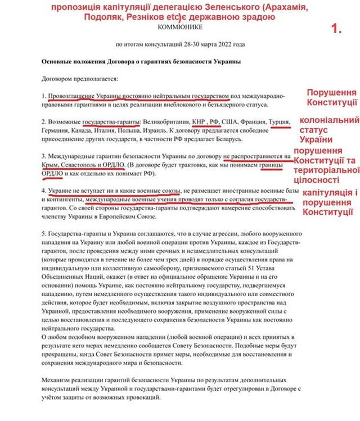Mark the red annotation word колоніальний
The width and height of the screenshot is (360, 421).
[329, 120]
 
